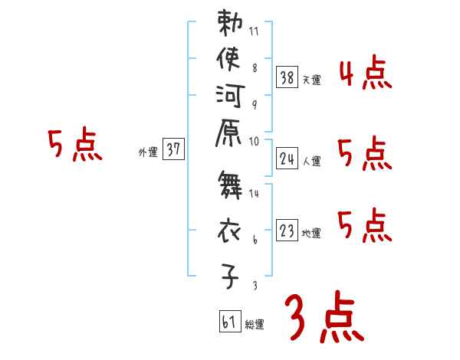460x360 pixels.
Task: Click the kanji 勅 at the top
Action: pyautogui.click(x=230, y=24)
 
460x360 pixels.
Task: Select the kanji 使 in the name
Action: pyautogui.click(x=230, y=59)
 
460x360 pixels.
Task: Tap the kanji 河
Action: pyautogui.click(x=230, y=97)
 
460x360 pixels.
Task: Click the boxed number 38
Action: pyautogui.click(x=287, y=77)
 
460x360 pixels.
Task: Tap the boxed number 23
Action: pyautogui.click(x=287, y=231)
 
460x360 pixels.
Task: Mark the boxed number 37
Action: pyautogui.click(x=173, y=150)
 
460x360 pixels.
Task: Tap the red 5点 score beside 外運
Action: pyautogui.click(x=74, y=146)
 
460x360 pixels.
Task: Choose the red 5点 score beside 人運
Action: pyautogui.click(x=365, y=155)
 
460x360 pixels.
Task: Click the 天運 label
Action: pyautogui.click(x=312, y=80)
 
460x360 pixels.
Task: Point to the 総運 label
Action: pyautogui.click(x=255, y=325)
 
